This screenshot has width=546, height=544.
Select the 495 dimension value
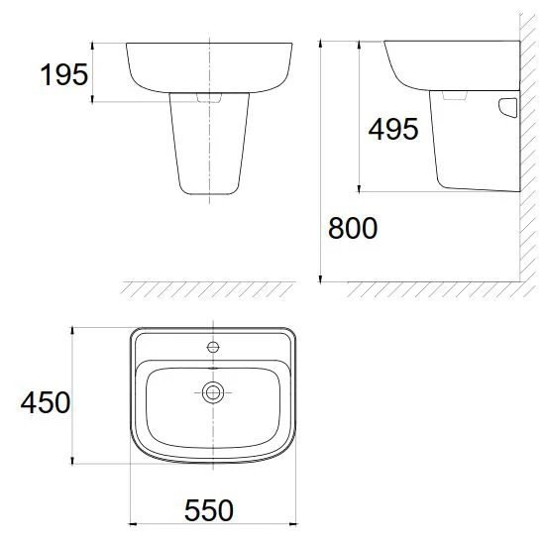[x=393, y=128]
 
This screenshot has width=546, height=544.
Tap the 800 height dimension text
[x=353, y=228]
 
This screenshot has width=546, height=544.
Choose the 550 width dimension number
[x=210, y=510]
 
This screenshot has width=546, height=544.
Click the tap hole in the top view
[x=212, y=348]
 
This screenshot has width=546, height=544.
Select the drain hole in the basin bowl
[x=212, y=392]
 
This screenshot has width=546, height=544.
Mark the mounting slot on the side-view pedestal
[x=508, y=106]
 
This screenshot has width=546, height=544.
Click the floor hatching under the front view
[x=208, y=288]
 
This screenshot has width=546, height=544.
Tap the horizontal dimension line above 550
[x=212, y=525]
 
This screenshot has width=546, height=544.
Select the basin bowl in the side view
[x=446, y=64]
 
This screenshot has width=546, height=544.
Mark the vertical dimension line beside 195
[x=93, y=71]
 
